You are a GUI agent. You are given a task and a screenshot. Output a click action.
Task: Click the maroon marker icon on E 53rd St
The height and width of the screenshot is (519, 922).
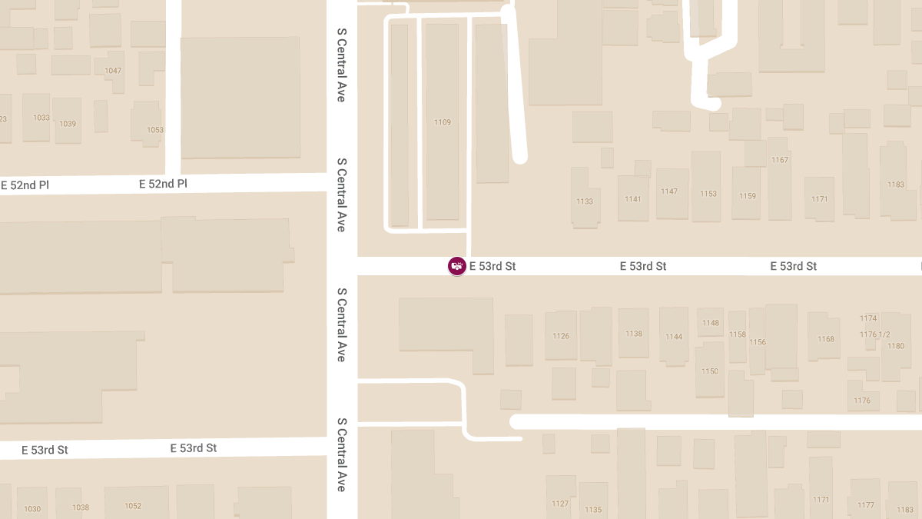tap(456, 266)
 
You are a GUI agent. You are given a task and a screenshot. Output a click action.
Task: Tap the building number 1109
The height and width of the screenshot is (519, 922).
tap(443, 122)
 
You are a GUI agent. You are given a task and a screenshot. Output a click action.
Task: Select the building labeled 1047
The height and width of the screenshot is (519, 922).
tap(113, 71)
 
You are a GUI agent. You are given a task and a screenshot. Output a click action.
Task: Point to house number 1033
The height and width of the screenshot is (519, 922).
tap(41, 118)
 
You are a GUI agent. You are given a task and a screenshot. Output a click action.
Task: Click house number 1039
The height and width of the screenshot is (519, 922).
tap(68, 124)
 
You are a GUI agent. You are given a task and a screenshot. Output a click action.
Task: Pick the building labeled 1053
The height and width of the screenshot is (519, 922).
tap(155, 130)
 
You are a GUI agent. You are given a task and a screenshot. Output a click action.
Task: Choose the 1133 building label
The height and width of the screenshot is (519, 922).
tap(585, 201)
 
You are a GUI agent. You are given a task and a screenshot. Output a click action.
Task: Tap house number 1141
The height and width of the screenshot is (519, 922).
tap(633, 199)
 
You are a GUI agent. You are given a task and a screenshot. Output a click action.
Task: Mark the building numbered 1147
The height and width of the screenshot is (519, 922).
tap(669, 191)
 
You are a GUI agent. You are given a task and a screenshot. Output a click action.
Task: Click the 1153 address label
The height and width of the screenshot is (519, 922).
tap(708, 194)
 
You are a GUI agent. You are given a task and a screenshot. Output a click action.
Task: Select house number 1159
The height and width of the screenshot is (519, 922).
tap(748, 196)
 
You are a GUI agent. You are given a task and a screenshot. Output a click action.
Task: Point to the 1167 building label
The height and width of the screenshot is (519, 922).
tap(780, 160)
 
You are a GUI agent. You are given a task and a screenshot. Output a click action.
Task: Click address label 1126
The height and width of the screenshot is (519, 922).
tap(561, 336)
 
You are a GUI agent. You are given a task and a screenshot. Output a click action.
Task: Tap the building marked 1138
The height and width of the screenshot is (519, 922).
tap(634, 334)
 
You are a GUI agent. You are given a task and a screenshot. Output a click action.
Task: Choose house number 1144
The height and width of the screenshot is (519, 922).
tap(674, 337)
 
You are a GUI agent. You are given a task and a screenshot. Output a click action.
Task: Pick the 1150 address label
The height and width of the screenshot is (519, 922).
tap(710, 371)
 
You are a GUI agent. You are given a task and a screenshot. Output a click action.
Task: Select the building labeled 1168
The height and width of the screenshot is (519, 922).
tap(826, 339)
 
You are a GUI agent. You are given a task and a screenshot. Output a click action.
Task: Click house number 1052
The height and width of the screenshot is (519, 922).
tap(133, 506)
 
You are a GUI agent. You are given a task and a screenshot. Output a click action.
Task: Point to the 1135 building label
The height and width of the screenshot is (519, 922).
tap(593, 510)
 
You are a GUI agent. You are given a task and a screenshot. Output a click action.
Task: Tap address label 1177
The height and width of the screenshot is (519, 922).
tap(866, 505)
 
